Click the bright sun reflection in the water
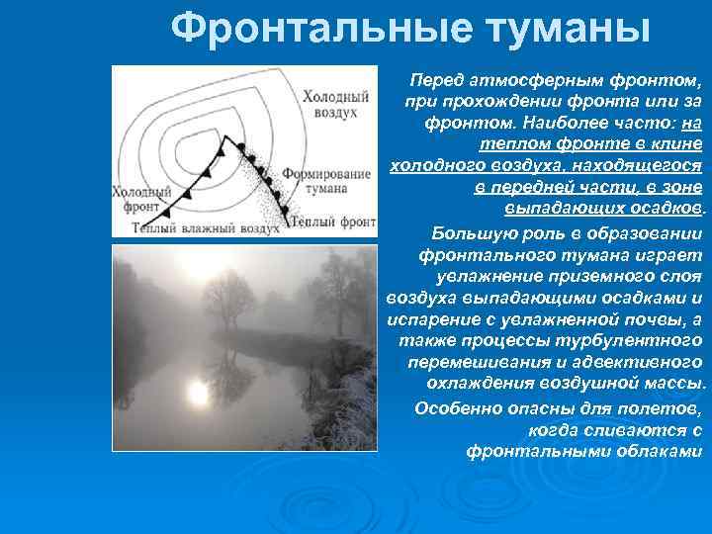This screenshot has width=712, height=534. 198,393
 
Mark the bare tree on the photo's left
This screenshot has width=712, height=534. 228,298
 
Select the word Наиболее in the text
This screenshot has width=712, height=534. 548,123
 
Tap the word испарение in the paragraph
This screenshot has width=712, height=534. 428,318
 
